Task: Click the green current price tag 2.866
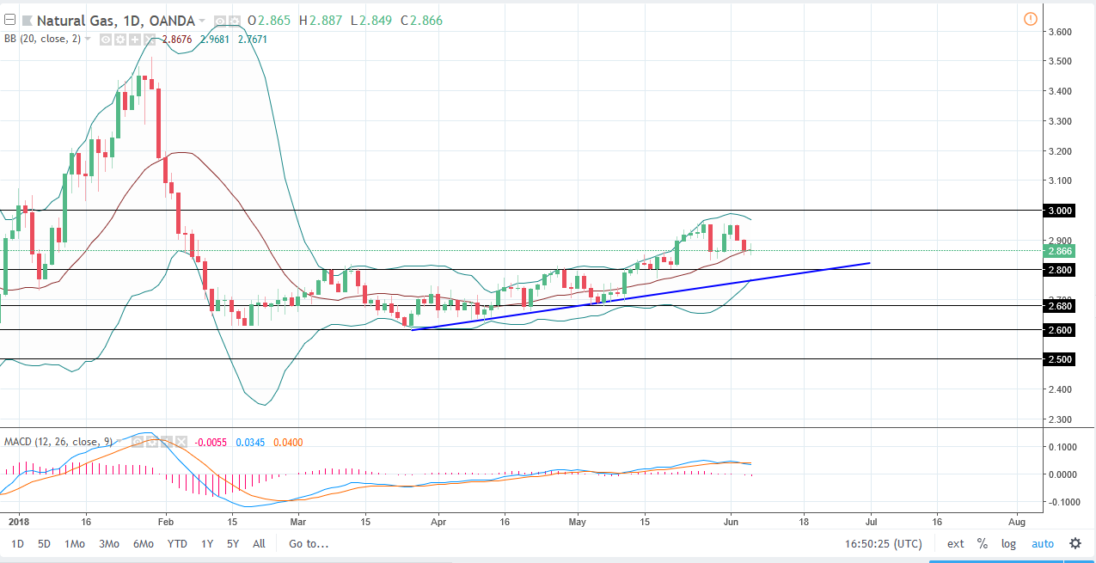pos(1058,251)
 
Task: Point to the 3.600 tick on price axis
pos(1058,32)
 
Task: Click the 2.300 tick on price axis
pos(1058,419)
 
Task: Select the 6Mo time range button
pos(143,543)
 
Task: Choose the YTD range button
pos(177,543)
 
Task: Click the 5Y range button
pos(233,543)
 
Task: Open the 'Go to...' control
pos(309,543)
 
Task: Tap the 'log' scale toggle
pos(1008,543)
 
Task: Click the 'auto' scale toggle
pos(1042,543)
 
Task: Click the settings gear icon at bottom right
pos(1075,543)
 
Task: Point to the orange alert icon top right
pos(1030,19)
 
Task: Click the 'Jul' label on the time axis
pos(871,521)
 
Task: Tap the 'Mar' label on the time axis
pos(298,521)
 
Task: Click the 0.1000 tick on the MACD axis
pos(1060,447)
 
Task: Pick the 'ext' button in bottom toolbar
pos(955,543)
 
